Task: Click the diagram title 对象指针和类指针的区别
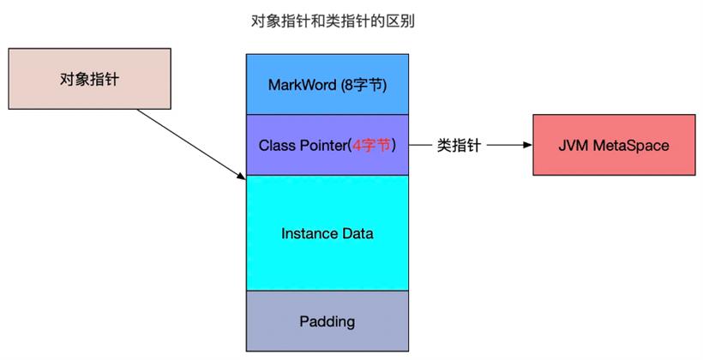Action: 333,21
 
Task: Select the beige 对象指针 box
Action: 90,79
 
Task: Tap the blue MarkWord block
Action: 327,84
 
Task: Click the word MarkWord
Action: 302,85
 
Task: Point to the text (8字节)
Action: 364,85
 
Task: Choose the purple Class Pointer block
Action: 327,145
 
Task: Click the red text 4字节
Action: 371,145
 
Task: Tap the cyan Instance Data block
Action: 327,233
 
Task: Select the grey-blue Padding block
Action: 327,321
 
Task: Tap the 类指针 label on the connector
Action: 459,145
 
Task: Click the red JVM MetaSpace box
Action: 614,145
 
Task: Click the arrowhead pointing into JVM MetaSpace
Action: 528,145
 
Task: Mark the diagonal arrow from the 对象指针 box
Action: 191,144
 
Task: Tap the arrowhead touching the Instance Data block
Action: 242,177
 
